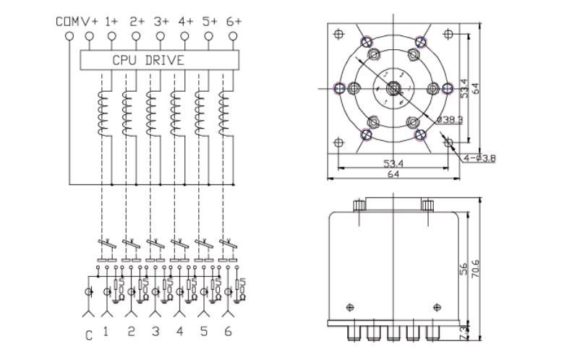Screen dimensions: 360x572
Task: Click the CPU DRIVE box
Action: (148, 60)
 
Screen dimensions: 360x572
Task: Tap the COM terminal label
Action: (67, 22)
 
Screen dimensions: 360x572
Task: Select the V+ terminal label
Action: (89, 22)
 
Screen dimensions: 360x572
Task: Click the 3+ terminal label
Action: (161, 22)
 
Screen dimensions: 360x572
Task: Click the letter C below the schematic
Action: (89, 334)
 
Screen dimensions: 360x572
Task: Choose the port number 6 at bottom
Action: (229, 332)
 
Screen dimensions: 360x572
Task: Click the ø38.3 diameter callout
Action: (450, 118)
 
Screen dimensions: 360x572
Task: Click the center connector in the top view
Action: (393, 88)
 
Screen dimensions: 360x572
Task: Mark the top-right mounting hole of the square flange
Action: (449, 33)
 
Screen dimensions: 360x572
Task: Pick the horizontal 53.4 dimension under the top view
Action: (393, 164)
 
